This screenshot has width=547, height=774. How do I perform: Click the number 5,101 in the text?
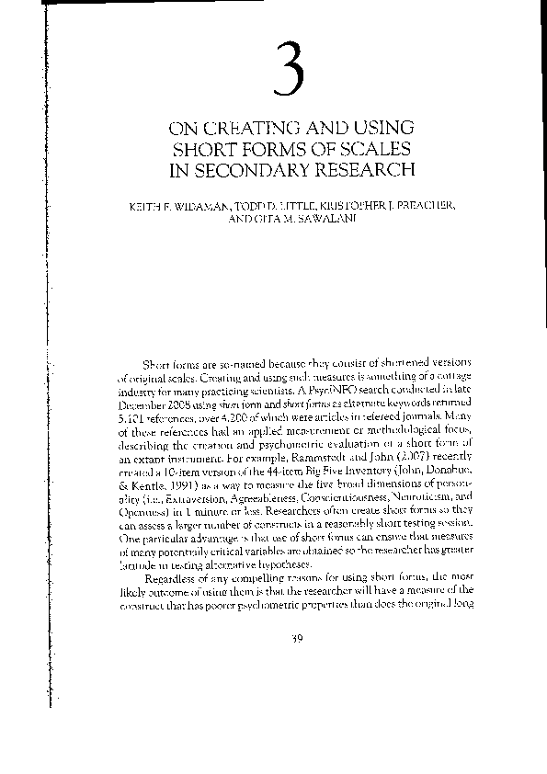click(134, 419)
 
